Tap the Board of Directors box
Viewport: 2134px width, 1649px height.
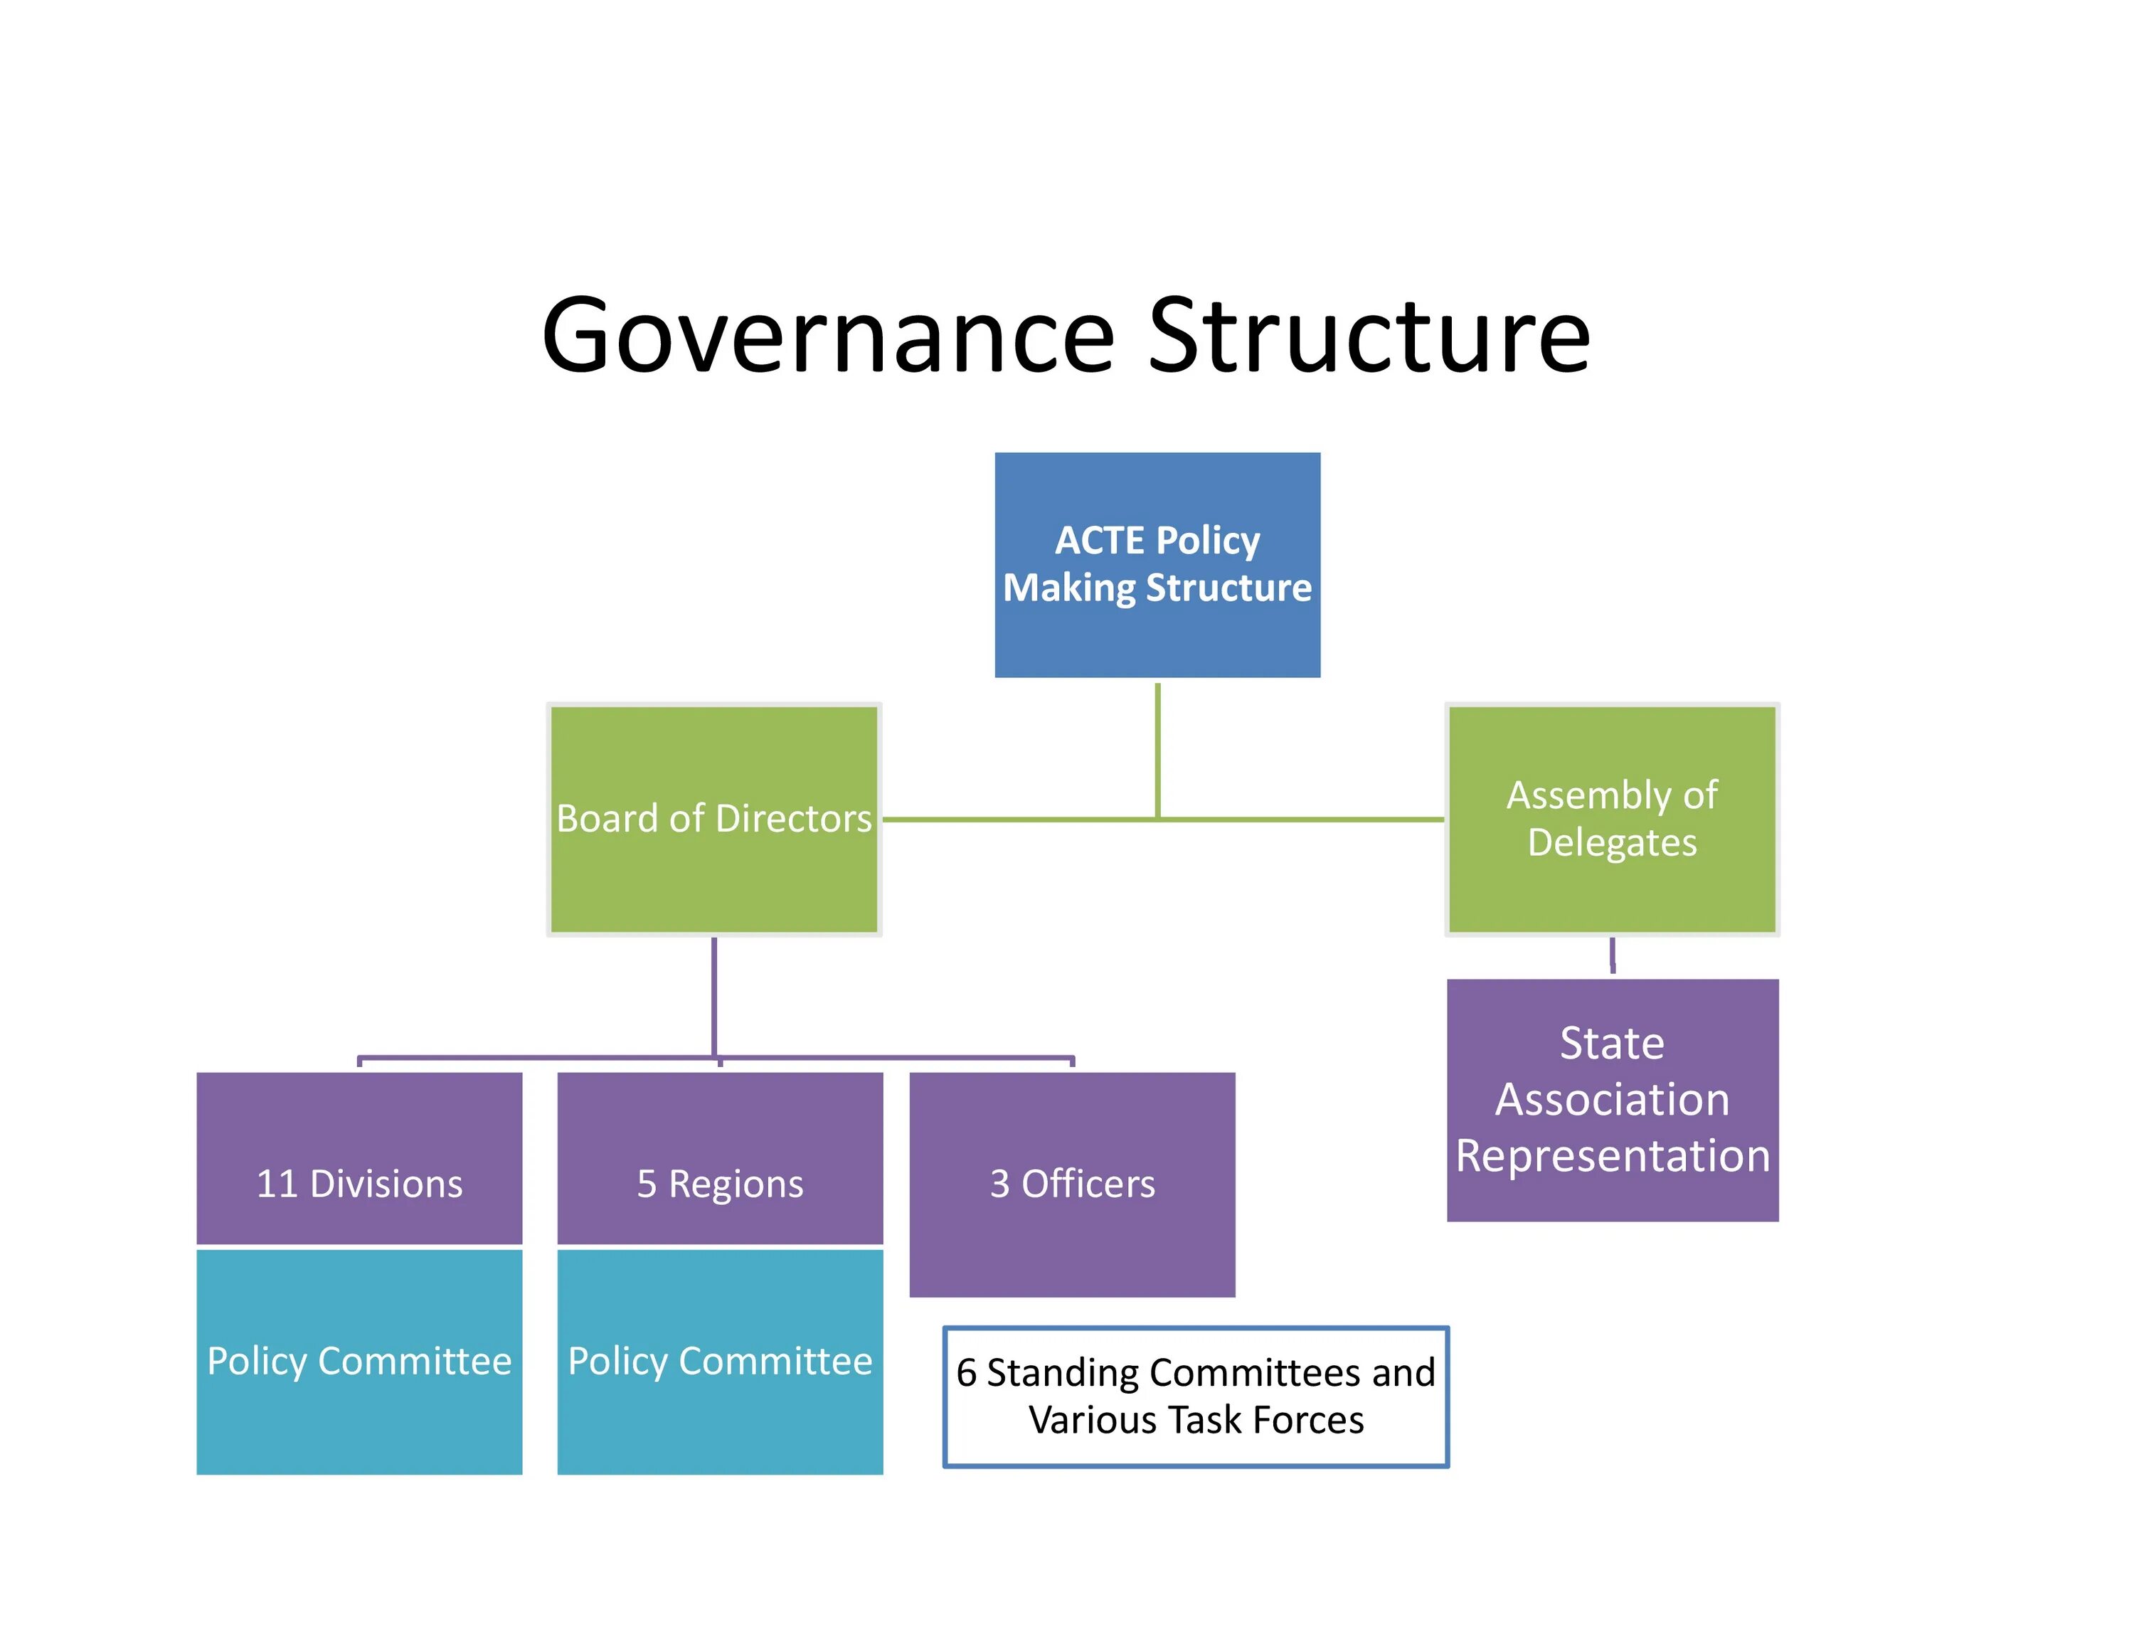tap(713, 819)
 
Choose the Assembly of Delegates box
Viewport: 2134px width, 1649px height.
tap(1611, 819)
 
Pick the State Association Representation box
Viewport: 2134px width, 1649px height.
tap(1612, 1099)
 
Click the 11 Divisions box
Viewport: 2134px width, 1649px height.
tap(359, 1159)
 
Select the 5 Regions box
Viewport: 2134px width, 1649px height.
tap(720, 1159)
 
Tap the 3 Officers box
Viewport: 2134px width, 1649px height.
tap(1072, 1184)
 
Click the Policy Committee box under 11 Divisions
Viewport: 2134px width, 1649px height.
tap(359, 1361)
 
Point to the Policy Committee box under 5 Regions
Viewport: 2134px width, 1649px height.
tap(720, 1361)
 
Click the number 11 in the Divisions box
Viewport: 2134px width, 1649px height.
tap(277, 1184)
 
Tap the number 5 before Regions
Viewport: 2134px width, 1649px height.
tap(647, 1184)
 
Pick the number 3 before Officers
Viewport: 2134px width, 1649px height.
tap(999, 1184)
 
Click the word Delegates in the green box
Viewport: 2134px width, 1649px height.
tap(1612, 843)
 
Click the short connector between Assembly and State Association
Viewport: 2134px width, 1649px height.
tap(1612, 955)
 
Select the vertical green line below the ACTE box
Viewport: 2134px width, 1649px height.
tap(1158, 748)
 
